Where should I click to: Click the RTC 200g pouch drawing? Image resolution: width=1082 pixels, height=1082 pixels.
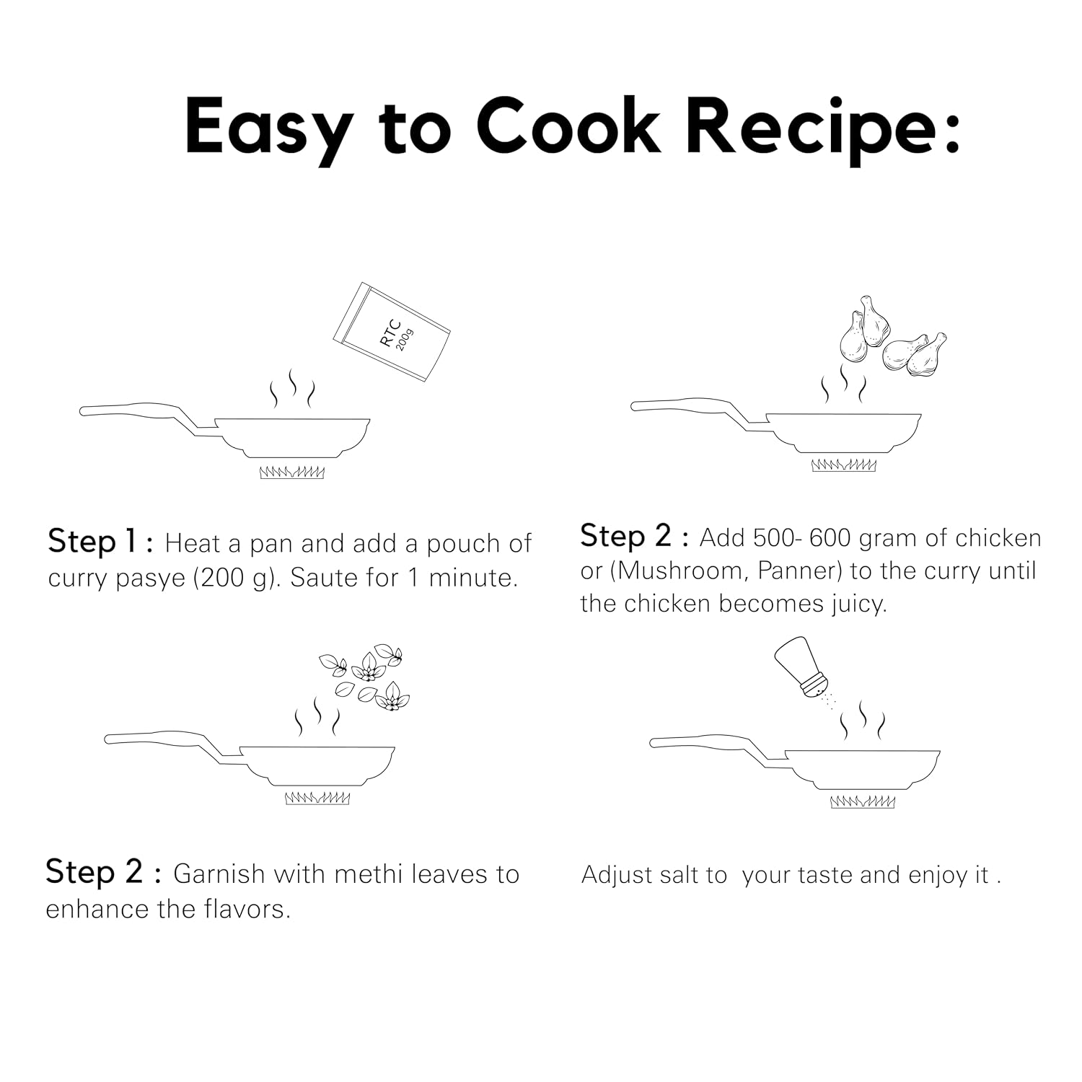point(392,332)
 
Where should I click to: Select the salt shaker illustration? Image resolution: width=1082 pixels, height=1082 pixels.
point(803,667)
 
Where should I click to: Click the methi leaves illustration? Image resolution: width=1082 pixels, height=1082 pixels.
point(364,677)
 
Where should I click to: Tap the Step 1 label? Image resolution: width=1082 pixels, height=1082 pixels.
point(100,542)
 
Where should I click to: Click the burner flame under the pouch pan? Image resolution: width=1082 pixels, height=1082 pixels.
point(292,472)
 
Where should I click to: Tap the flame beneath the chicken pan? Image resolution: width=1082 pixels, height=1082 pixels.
point(844,465)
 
